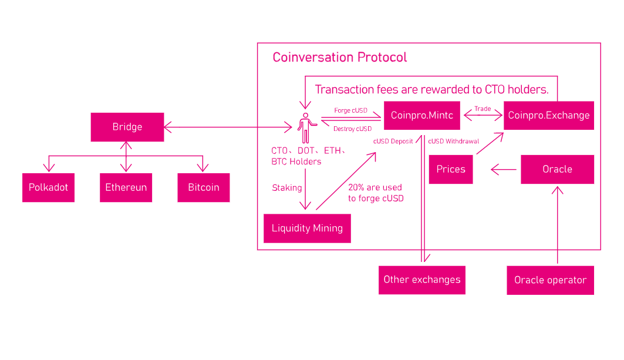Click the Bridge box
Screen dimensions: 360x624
click(127, 127)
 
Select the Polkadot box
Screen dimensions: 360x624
click(48, 187)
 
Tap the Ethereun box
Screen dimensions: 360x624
click(126, 187)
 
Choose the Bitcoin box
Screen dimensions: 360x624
click(204, 187)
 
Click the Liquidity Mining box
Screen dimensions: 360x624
click(307, 228)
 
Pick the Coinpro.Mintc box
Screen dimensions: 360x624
click(421, 116)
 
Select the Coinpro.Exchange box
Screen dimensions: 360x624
click(549, 116)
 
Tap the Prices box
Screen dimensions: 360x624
click(451, 169)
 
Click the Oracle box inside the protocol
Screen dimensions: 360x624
click(557, 169)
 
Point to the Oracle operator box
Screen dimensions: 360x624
click(550, 280)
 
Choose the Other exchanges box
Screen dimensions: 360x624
click(421, 280)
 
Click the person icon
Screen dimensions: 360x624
click(305, 127)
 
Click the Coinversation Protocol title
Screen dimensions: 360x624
click(339, 58)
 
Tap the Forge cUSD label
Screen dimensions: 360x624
click(350, 110)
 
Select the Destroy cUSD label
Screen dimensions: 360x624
click(352, 129)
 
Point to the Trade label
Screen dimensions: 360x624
click(483, 109)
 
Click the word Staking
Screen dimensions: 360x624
click(287, 188)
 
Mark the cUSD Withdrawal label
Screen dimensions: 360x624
click(453, 141)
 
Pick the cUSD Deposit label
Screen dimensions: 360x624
click(393, 141)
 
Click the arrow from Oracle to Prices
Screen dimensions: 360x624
click(504, 170)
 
